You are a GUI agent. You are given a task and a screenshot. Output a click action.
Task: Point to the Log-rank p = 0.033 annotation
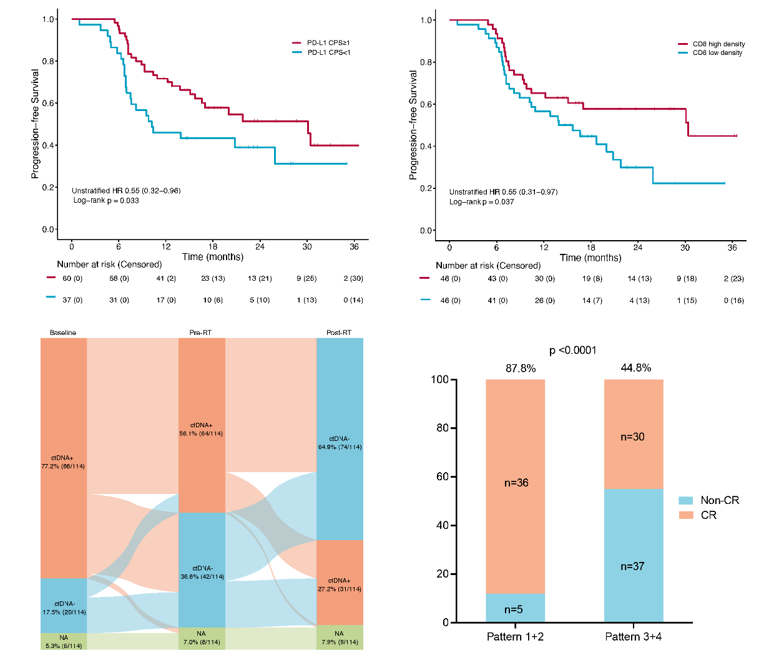106,201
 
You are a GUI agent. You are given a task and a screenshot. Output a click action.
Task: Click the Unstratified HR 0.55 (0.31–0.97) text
503,192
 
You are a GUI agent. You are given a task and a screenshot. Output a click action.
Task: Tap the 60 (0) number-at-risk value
72,279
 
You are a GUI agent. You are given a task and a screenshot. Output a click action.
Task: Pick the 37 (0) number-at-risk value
72,300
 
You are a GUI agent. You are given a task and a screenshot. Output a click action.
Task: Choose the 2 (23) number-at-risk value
734,279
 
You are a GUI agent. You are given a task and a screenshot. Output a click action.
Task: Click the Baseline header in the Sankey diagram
63,333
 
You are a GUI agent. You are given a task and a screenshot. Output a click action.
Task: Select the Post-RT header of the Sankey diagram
339,333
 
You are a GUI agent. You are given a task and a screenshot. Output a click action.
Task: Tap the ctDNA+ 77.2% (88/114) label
63,462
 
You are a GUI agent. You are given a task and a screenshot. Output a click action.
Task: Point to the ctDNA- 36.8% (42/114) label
202,573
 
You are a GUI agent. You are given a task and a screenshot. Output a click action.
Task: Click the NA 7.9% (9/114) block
339,637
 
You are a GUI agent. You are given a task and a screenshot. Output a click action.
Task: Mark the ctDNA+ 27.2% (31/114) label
339,585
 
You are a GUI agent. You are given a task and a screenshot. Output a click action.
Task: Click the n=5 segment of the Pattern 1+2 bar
514,609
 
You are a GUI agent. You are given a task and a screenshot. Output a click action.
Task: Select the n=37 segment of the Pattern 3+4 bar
632,566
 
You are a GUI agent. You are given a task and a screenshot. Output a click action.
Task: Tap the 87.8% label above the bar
521,369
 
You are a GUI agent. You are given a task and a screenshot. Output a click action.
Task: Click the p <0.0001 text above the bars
572,351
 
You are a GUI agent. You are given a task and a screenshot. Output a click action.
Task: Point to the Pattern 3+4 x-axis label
633,637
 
